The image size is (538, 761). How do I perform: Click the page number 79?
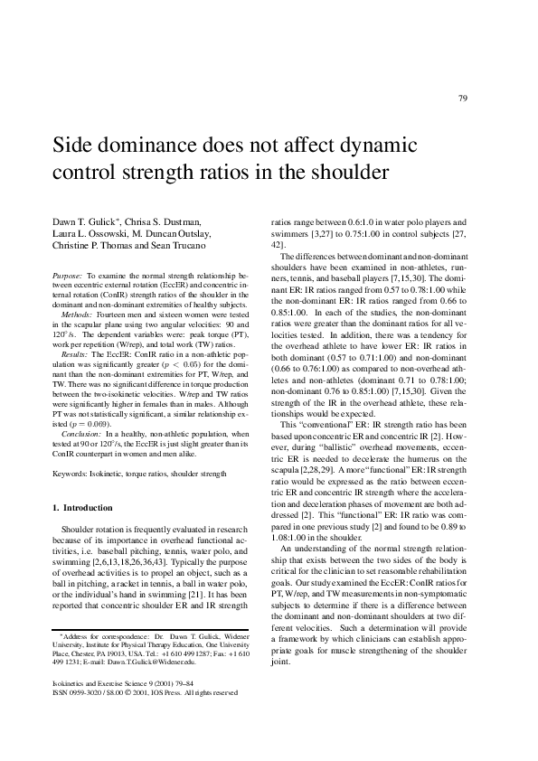click(x=463, y=99)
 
